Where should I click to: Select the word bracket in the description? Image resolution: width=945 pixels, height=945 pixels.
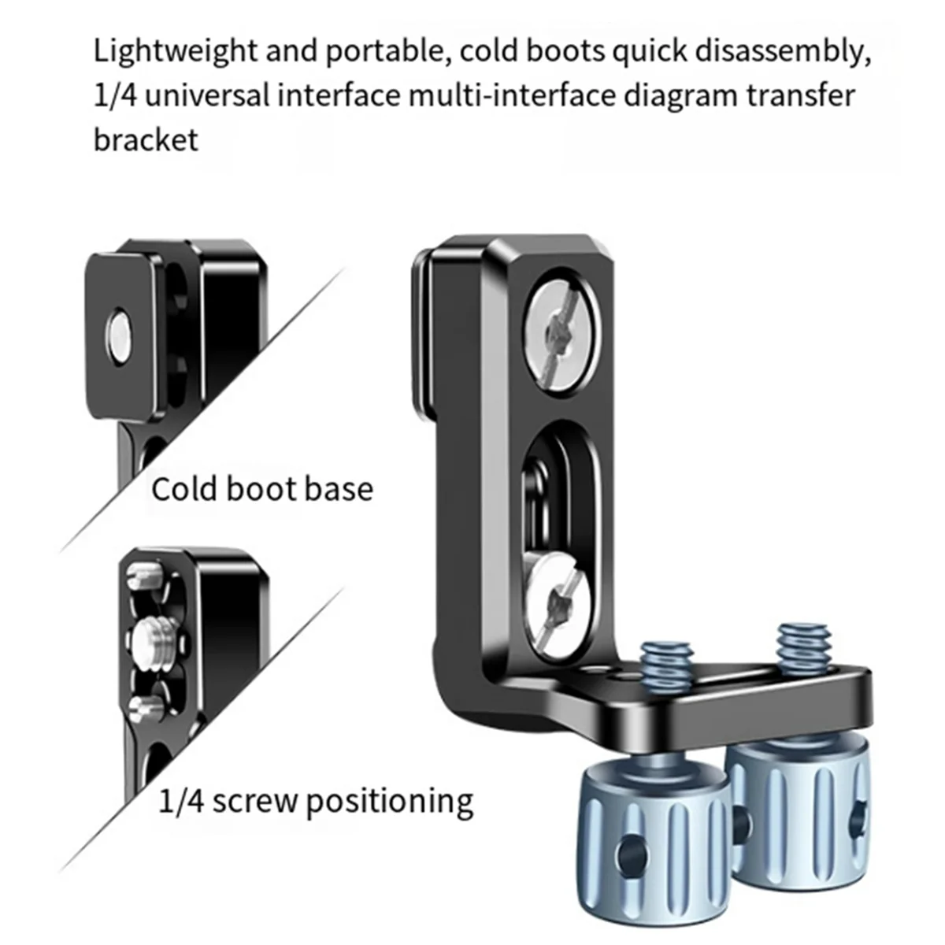146,139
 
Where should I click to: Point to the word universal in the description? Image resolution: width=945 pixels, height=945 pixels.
228,96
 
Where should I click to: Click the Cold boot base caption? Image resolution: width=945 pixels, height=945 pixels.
261,489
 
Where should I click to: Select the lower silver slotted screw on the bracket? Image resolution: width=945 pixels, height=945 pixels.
558,597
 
